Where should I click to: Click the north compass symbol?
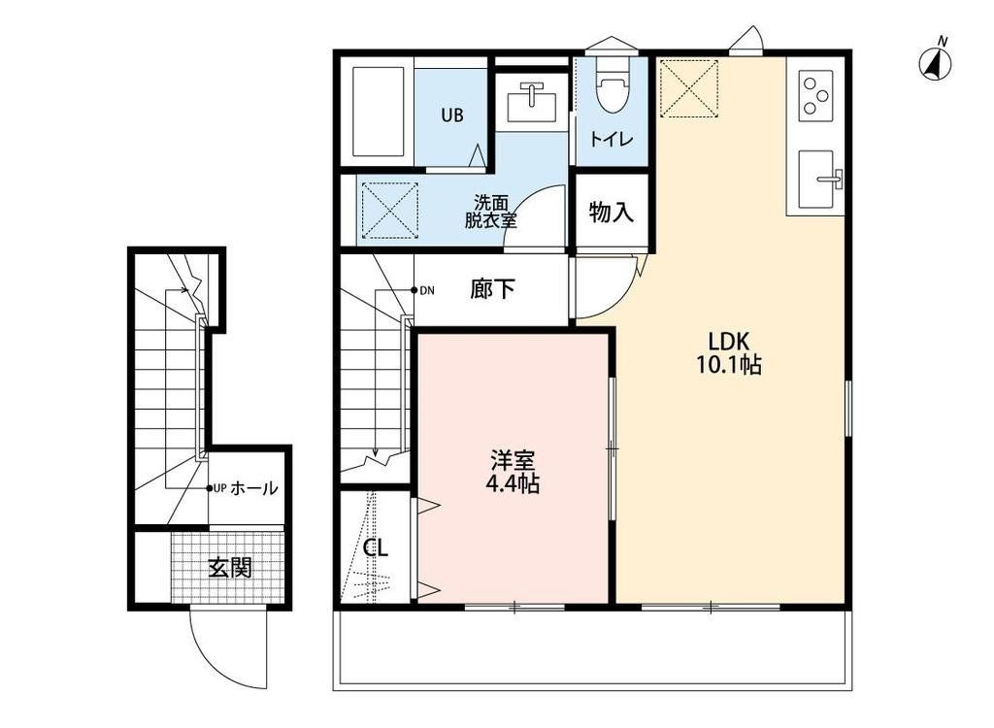click(x=936, y=63)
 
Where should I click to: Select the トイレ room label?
click(x=613, y=140)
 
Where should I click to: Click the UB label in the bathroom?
click(x=452, y=116)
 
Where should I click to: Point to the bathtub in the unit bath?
click(x=379, y=113)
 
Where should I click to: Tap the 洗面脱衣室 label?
click(x=490, y=212)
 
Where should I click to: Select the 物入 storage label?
click(x=612, y=212)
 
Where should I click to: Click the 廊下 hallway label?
click(x=492, y=289)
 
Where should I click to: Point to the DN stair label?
click(x=427, y=290)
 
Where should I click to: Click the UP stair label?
click(x=219, y=488)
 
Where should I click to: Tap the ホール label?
click(x=254, y=488)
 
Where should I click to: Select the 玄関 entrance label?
click(x=230, y=567)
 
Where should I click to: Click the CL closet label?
click(x=376, y=547)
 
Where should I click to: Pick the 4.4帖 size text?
click(x=513, y=484)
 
